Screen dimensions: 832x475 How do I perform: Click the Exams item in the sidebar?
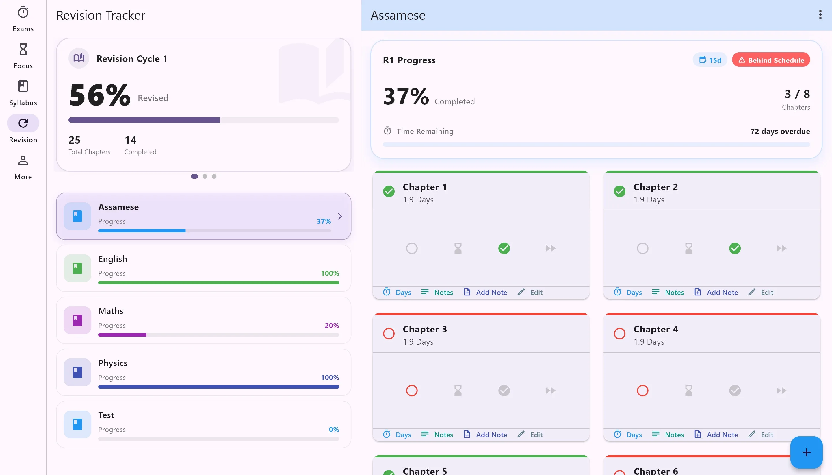(x=23, y=19)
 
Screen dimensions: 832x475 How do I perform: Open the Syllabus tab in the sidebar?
(x=23, y=93)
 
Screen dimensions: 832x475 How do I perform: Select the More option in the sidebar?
(x=23, y=167)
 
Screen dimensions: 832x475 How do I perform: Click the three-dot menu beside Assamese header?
(x=820, y=15)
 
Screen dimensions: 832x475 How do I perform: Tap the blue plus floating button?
(x=806, y=452)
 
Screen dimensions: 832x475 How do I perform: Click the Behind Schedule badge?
(x=771, y=60)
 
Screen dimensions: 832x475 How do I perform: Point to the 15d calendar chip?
(x=710, y=60)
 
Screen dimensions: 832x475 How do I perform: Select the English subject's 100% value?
(x=330, y=273)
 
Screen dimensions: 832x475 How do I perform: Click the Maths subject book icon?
(x=77, y=320)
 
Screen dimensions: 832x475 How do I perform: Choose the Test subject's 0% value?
(x=334, y=430)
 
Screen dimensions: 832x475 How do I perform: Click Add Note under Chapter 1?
(x=485, y=292)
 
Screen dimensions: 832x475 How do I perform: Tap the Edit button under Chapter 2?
(x=761, y=292)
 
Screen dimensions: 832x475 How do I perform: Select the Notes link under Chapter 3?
(x=437, y=435)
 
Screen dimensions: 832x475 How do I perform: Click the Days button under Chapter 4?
(x=628, y=435)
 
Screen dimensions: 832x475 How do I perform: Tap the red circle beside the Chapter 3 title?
(x=389, y=334)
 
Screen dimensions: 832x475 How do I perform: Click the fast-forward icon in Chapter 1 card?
(x=550, y=249)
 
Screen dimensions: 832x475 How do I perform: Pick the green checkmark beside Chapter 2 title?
(x=619, y=191)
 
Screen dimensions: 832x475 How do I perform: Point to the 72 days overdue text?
(x=780, y=131)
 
